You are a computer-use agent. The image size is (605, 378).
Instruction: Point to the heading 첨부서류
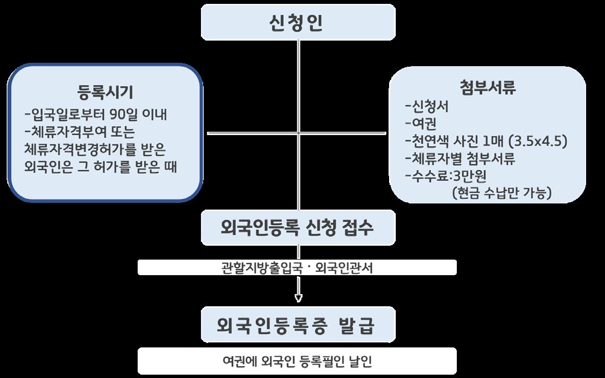[x=488, y=88]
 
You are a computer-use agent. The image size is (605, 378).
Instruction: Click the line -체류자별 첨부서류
[x=461, y=158]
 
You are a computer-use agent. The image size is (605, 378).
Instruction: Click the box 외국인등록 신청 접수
[x=298, y=228]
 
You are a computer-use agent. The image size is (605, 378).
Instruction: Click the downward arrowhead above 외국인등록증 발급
[x=298, y=299]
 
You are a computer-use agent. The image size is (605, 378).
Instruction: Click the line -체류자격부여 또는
[x=80, y=132]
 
